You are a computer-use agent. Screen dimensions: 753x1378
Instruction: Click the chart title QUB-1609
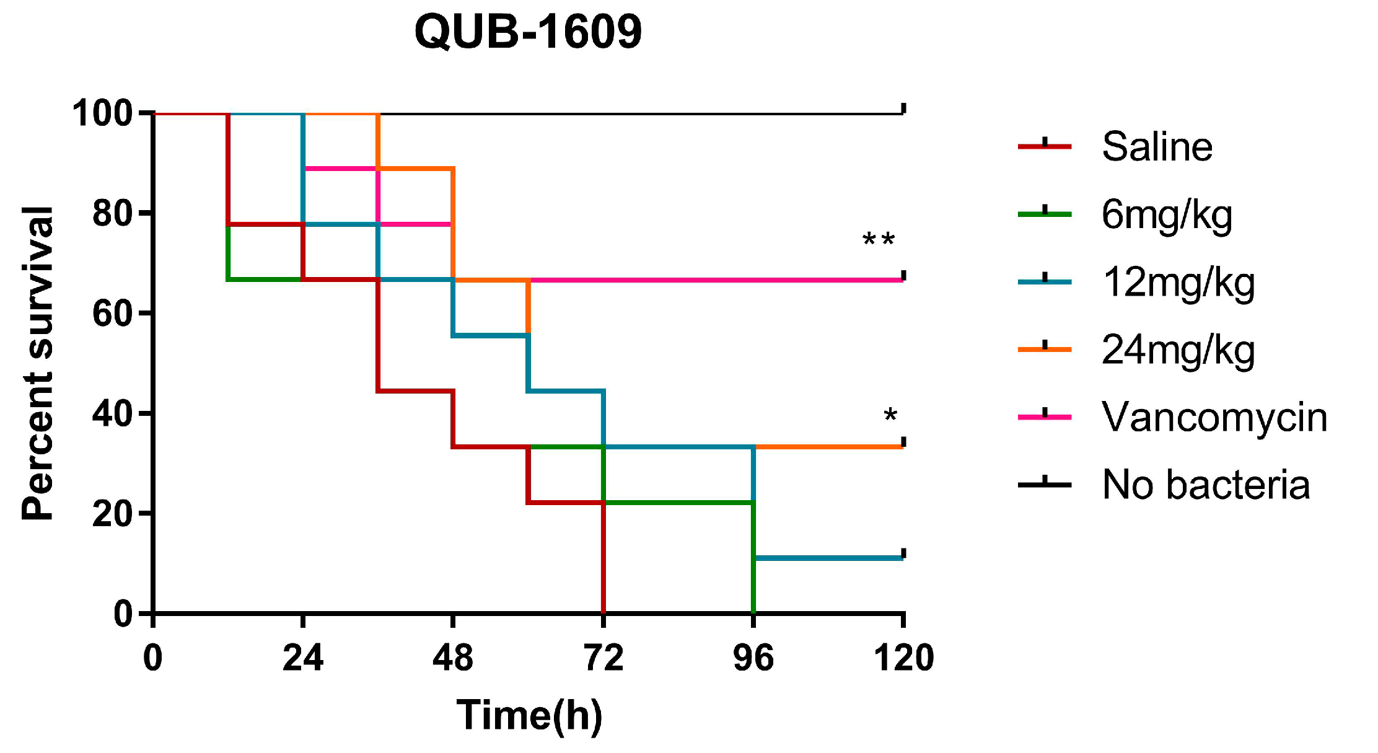point(528,32)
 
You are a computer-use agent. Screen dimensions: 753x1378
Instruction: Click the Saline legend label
point(1157,147)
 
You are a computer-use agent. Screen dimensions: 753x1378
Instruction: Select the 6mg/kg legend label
point(1167,215)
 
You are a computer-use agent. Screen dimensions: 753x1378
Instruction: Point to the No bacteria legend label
point(1206,485)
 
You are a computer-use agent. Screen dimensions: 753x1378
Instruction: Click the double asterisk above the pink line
point(879,240)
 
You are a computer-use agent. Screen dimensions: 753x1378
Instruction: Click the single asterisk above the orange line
point(890,416)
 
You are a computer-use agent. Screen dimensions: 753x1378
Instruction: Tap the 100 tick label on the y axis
point(103,113)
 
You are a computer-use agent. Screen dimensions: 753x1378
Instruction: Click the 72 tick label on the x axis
point(603,658)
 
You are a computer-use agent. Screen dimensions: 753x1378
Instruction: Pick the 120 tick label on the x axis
point(903,658)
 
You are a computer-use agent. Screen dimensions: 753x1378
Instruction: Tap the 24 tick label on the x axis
point(302,658)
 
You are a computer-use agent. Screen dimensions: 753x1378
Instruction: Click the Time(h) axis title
point(529,716)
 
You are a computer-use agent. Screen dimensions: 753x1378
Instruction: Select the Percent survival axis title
point(37,363)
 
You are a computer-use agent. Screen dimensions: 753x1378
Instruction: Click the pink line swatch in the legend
point(1045,416)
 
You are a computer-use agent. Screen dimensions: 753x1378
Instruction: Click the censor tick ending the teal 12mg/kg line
point(903,553)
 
